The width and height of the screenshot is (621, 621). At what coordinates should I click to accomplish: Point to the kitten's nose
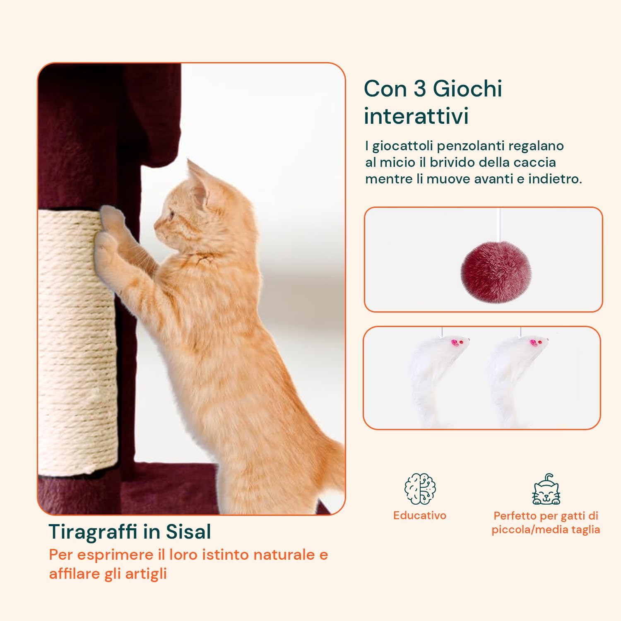[156, 226]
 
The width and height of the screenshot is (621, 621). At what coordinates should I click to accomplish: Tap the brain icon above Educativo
[420, 489]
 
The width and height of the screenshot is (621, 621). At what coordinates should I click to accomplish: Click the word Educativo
[420, 515]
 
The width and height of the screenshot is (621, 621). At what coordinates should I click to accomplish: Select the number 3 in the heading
[420, 88]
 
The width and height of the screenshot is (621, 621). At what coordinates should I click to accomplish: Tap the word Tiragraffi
[94, 532]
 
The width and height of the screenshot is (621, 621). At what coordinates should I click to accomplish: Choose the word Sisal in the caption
[188, 532]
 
